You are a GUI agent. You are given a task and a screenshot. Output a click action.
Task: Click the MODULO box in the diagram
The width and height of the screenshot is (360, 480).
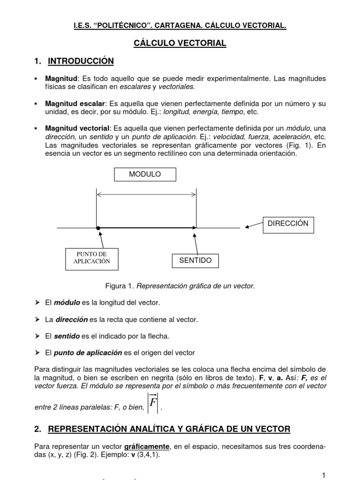145,174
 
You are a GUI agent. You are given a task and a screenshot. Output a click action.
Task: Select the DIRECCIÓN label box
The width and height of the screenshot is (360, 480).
288,224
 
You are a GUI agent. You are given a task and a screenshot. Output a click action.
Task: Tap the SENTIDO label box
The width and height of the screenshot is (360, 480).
195,260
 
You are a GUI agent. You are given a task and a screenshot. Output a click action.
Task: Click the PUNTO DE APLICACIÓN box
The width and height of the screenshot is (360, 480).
91,258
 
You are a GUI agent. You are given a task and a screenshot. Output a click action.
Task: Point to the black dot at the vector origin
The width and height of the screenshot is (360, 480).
97,228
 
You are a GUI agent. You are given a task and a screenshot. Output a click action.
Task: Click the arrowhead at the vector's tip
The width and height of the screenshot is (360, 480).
194,228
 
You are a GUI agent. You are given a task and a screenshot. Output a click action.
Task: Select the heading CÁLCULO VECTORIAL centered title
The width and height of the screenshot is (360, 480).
180,43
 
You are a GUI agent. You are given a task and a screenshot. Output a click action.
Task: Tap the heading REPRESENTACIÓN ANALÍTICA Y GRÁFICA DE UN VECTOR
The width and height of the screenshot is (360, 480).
169,428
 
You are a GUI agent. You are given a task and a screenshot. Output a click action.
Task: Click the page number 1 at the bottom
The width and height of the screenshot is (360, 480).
323,475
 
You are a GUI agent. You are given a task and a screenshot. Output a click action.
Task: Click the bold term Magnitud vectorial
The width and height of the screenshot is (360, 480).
77,128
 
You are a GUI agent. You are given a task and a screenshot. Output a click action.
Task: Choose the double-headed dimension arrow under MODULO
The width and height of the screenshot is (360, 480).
146,194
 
